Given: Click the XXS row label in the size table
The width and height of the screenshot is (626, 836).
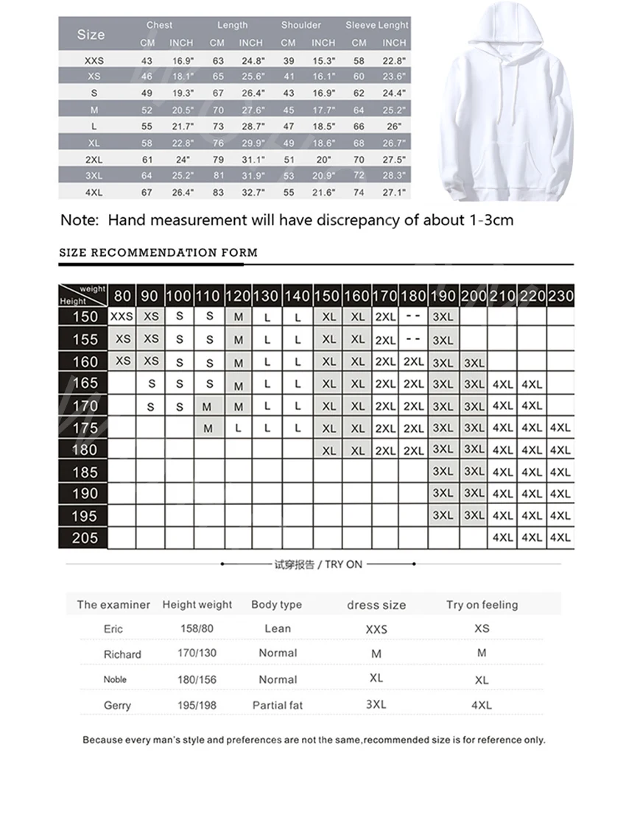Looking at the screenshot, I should (94, 60).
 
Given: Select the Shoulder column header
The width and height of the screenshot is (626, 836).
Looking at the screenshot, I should (300, 25).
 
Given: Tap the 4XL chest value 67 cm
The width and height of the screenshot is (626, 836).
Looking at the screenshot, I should (147, 193).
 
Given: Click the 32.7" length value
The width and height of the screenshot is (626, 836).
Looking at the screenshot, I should (251, 193).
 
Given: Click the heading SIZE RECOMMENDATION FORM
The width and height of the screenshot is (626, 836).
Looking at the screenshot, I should (158, 252).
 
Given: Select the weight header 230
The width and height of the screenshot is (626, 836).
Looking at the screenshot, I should (560, 296).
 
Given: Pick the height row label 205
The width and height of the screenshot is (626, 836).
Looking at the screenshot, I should (85, 538).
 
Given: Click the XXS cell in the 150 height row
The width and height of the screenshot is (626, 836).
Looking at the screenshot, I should (122, 316).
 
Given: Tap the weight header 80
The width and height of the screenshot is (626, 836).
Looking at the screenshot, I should (122, 296).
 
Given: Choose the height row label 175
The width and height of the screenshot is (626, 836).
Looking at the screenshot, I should (85, 428).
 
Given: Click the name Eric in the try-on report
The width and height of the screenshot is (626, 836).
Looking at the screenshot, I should (113, 629).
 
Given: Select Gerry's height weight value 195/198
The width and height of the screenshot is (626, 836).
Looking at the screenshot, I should (197, 705).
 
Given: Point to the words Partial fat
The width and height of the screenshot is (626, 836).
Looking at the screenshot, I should (278, 705).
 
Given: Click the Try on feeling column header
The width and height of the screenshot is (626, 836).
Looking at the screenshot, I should (482, 605).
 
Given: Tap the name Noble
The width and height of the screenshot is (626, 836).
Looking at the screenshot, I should (115, 679).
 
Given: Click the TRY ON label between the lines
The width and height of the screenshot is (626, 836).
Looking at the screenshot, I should (344, 564).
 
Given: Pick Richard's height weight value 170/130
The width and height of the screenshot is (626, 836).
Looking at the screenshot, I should (197, 653).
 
